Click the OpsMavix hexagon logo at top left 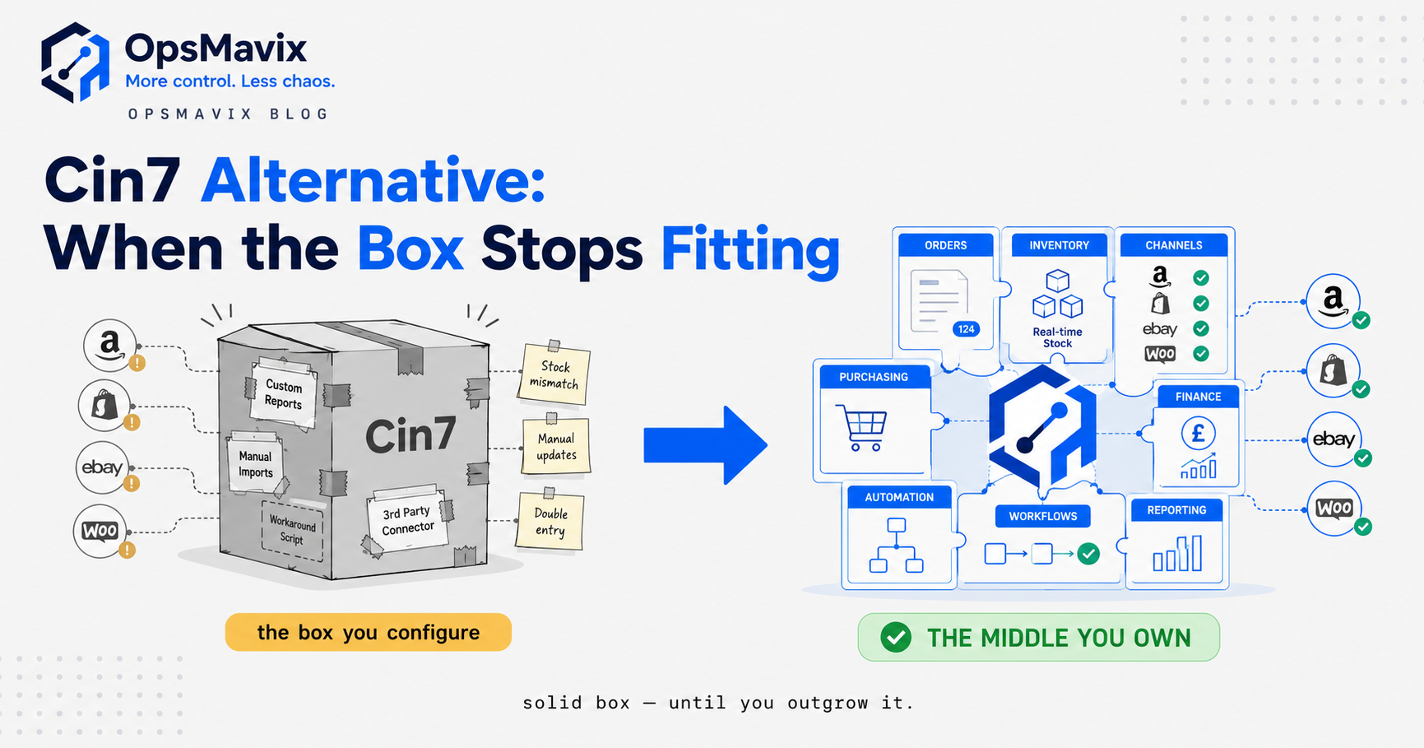pyautogui.click(x=75, y=63)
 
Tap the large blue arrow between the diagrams pyautogui.click(x=705, y=445)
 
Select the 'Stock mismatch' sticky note pyautogui.click(x=554, y=374)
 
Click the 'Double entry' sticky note pyautogui.click(x=550, y=520)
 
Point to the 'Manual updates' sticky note pyautogui.click(x=556, y=445)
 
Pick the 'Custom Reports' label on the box pyautogui.click(x=283, y=394)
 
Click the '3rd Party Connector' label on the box pyautogui.click(x=407, y=520)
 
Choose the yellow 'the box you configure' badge pyautogui.click(x=368, y=632)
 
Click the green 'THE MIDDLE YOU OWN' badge pyautogui.click(x=1038, y=637)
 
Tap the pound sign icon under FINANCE pyautogui.click(x=1198, y=433)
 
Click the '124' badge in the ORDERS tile pyautogui.click(x=966, y=329)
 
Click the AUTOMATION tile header pyautogui.click(x=899, y=497)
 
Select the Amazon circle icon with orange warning pyautogui.click(x=110, y=345)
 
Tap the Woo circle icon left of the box pyautogui.click(x=100, y=531)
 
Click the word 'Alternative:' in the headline pyautogui.click(x=373, y=180)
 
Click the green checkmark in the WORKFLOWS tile pyautogui.click(x=1088, y=553)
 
